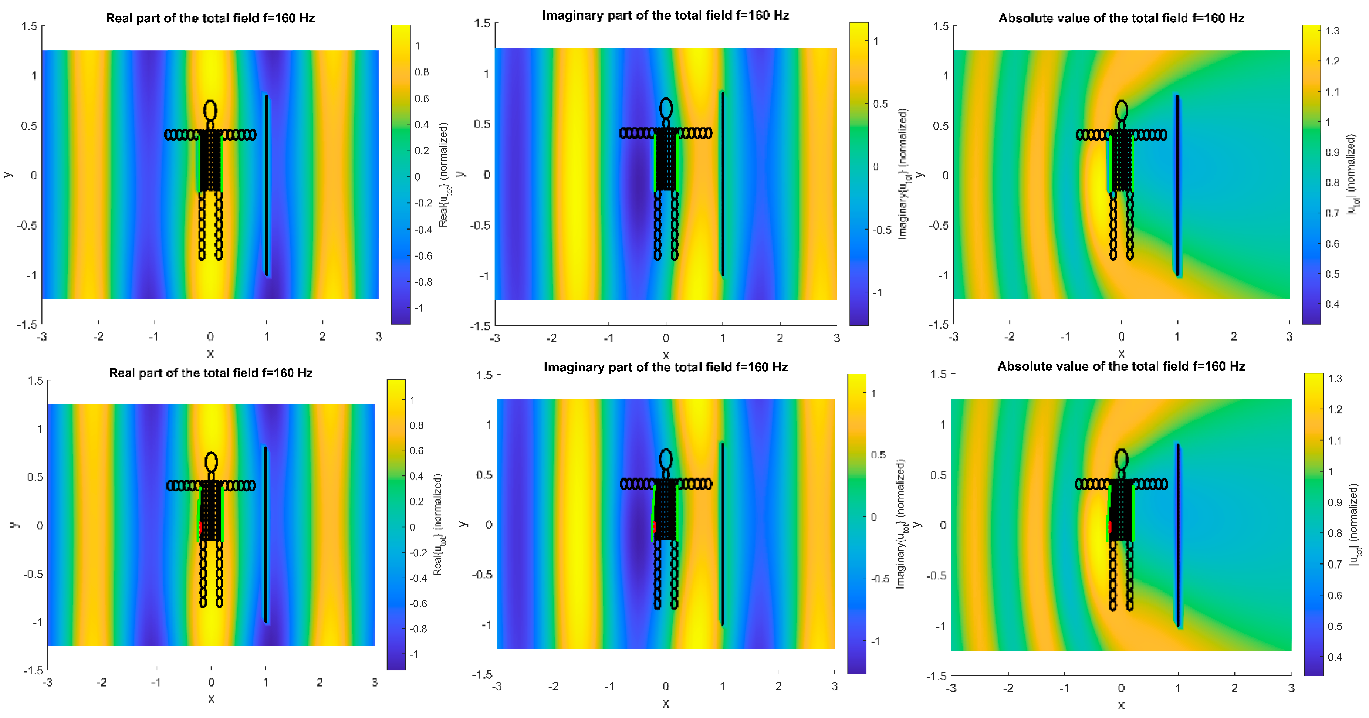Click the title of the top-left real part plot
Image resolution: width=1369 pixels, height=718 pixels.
coord(210,18)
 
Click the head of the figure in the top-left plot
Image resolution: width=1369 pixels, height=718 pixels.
coord(210,110)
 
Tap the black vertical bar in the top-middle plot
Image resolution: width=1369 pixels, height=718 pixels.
coord(722,183)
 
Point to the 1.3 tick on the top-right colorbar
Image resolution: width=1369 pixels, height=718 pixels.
coord(1333,31)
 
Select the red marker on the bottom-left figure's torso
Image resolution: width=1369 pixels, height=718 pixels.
coord(200,527)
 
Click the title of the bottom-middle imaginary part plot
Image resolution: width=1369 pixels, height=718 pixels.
coord(665,367)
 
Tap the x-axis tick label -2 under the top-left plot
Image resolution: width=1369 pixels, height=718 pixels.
coord(98,336)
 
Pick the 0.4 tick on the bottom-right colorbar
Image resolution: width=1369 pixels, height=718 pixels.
coord(1335,657)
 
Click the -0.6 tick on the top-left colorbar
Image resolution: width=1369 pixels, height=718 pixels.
coord(423,255)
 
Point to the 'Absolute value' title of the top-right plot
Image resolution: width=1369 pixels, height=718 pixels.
coord(1121,18)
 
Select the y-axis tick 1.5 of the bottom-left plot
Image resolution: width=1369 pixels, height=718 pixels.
coord(35,380)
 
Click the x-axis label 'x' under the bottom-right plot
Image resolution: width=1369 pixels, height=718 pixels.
coord(1121,705)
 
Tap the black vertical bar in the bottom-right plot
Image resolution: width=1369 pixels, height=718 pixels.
coord(1178,534)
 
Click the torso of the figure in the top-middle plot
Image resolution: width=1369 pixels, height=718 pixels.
coord(665,159)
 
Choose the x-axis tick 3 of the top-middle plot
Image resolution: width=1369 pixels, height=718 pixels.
coord(836,338)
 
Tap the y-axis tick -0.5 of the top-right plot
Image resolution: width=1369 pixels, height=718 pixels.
coord(939,225)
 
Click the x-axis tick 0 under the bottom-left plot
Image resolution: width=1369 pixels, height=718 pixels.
coord(211,683)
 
